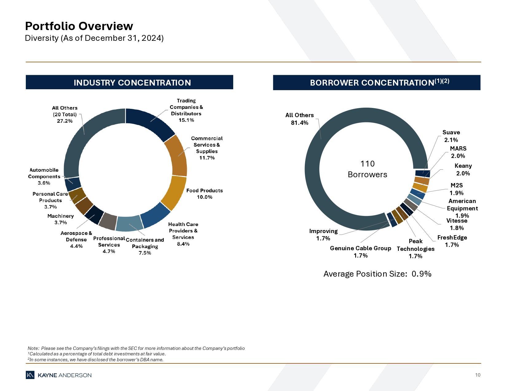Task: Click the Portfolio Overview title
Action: (79, 26)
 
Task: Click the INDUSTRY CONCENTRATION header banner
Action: (129, 82)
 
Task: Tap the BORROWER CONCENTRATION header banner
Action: (376, 82)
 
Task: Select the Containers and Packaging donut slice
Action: (129, 224)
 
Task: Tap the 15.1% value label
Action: (186, 120)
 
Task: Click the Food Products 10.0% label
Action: (204, 194)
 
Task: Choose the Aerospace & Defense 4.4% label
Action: (76, 240)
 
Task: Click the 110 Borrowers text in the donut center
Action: (367, 169)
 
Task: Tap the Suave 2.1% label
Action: (451, 136)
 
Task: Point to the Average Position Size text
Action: (377, 274)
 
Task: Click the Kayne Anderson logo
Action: (59, 375)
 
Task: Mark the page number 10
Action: (478, 375)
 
